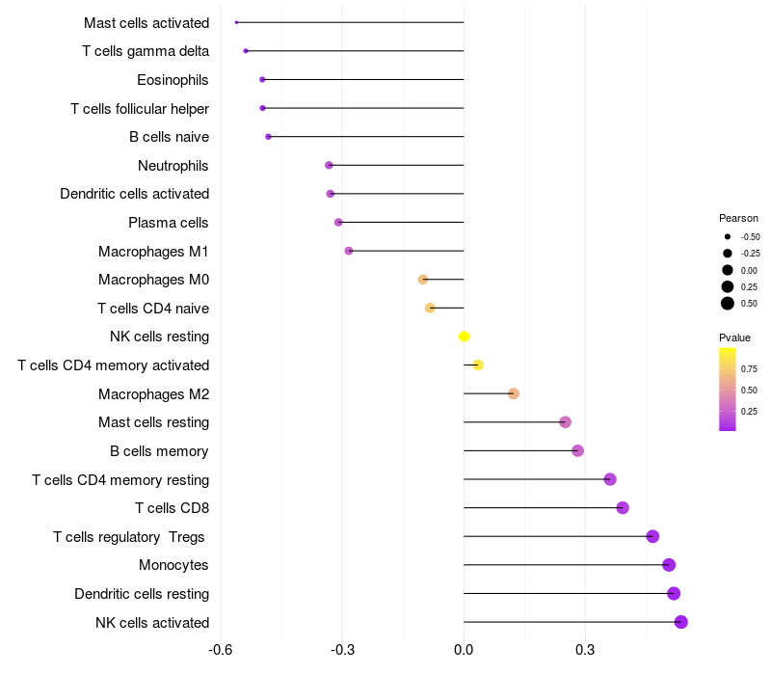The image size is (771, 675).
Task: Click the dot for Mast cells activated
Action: (236, 22)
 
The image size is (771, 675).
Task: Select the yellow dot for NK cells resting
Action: (464, 337)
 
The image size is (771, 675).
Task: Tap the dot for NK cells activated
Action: (681, 622)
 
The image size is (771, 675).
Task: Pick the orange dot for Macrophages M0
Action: (423, 280)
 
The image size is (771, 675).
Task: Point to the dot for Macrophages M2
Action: (514, 393)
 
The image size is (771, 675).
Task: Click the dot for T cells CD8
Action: (623, 508)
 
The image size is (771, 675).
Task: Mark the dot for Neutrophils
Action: (329, 165)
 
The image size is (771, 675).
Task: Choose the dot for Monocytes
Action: (669, 565)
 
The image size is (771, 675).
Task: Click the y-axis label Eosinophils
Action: (173, 80)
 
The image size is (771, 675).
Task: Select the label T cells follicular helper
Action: (140, 109)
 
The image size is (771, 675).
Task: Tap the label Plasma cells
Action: (168, 223)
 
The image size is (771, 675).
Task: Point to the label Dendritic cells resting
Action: (142, 594)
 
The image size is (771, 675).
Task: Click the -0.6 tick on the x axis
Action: (221, 650)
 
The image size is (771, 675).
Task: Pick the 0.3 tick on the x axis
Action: (585, 650)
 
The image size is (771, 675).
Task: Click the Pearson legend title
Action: (738, 219)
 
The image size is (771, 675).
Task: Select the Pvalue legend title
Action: (734, 338)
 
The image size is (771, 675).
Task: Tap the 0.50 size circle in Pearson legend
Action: (728, 304)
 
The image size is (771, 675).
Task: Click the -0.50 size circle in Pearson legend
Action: (728, 237)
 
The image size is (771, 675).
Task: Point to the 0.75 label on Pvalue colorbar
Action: (750, 369)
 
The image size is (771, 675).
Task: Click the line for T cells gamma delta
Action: (355, 51)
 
